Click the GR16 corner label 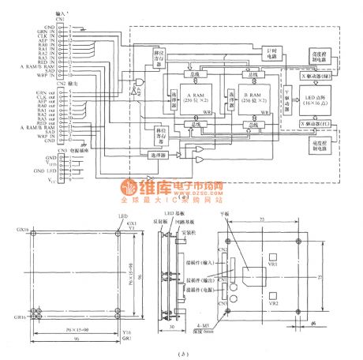pyautogui.click(x=22, y=314)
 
